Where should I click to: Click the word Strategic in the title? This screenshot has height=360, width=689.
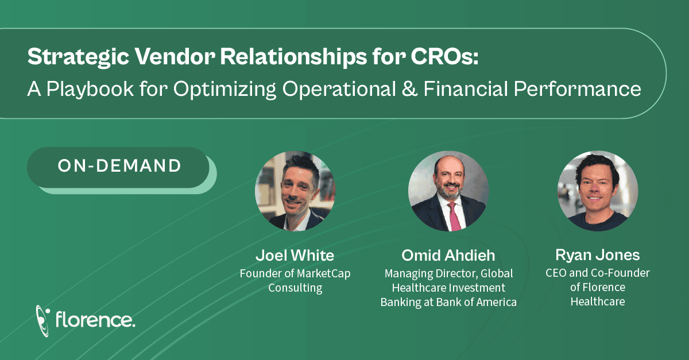click(x=78, y=57)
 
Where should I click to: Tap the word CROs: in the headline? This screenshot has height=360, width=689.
click(x=444, y=56)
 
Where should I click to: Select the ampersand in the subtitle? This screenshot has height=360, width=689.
click(x=410, y=89)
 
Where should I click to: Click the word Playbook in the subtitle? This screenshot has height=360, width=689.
click(x=90, y=89)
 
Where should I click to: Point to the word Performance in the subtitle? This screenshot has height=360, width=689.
click(x=578, y=89)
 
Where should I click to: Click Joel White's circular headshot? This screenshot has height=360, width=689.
click(x=295, y=191)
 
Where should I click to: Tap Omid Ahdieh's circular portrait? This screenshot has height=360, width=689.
click(x=448, y=191)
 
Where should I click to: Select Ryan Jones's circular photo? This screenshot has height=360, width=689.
click(x=598, y=191)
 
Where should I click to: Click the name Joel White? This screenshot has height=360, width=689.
click(x=295, y=256)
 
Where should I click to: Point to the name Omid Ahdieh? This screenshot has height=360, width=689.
click(x=448, y=256)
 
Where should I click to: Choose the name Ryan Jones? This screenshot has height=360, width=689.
click(x=598, y=255)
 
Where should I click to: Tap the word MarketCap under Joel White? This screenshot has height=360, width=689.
click(x=324, y=273)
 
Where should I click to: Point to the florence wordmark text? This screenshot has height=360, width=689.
click(x=95, y=320)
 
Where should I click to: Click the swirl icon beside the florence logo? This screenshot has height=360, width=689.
click(x=42, y=321)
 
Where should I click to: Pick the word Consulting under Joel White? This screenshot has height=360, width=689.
click(x=295, y=288)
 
